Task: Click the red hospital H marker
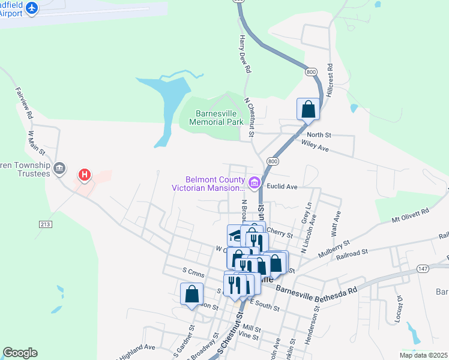point(85,175)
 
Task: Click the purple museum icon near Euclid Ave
point(254,182)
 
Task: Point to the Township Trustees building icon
point(59,168)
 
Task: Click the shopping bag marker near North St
point(308,109)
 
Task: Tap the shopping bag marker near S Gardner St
point(191,294)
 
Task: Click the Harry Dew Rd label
point(245,54)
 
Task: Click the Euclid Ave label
point(283,187)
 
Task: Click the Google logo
point(20,353)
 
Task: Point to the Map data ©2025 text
point(423,355)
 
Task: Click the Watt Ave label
point(337,222)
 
